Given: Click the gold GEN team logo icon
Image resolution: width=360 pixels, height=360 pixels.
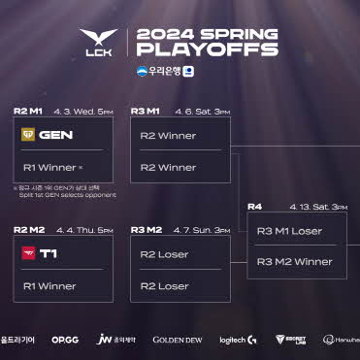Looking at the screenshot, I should click(29, 135).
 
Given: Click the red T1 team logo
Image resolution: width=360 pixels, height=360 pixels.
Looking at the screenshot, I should click(29, 254).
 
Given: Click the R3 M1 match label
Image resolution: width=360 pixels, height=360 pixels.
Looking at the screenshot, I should click(145, 112).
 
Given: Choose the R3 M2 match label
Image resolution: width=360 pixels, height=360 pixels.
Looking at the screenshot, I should click(145, 230).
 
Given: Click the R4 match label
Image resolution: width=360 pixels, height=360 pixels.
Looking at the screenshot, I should click(254, 206).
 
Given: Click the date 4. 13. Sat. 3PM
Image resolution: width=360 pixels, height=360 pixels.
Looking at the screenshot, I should click(316, 206).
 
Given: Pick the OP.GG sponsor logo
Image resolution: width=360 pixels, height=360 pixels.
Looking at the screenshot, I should click(65, 340).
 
